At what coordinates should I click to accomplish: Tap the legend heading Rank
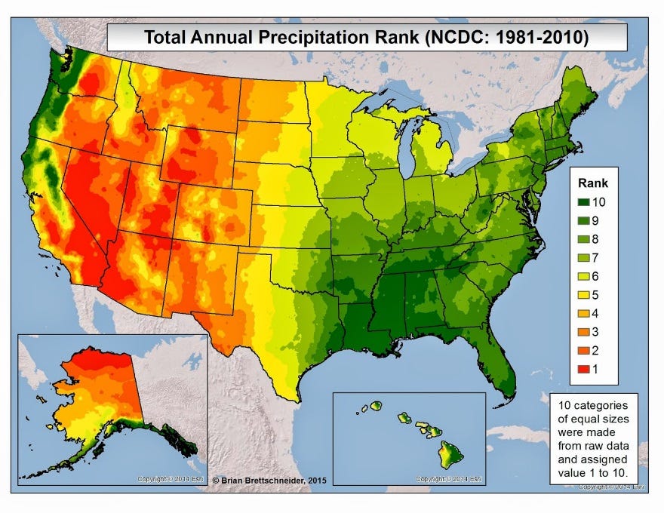(x=593, y=183)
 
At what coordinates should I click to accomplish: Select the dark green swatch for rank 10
(x=585, y=202)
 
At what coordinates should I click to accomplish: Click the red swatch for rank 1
(x=585, y=370)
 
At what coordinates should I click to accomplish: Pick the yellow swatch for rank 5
(x=585, y=295)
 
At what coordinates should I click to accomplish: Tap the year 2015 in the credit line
(x=315, y=480)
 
